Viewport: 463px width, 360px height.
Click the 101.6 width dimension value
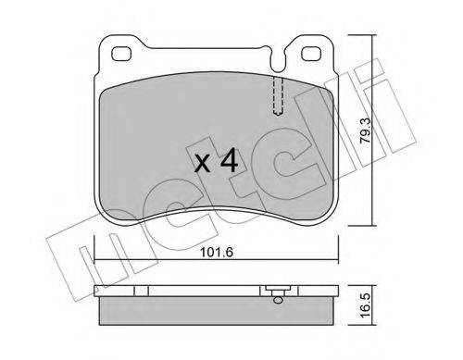(216, 253)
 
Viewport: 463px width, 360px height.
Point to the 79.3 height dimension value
(366, 130)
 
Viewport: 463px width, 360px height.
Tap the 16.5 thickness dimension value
(366, 305)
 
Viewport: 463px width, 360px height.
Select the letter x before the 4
(203, 164)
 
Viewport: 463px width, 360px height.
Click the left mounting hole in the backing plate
(121, 54)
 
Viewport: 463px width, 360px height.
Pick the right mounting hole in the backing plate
(311, 54)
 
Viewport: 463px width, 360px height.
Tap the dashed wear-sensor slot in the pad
(279, 95)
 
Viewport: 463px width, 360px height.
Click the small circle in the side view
(278, 300)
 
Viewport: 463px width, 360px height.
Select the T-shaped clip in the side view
(278, 291)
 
